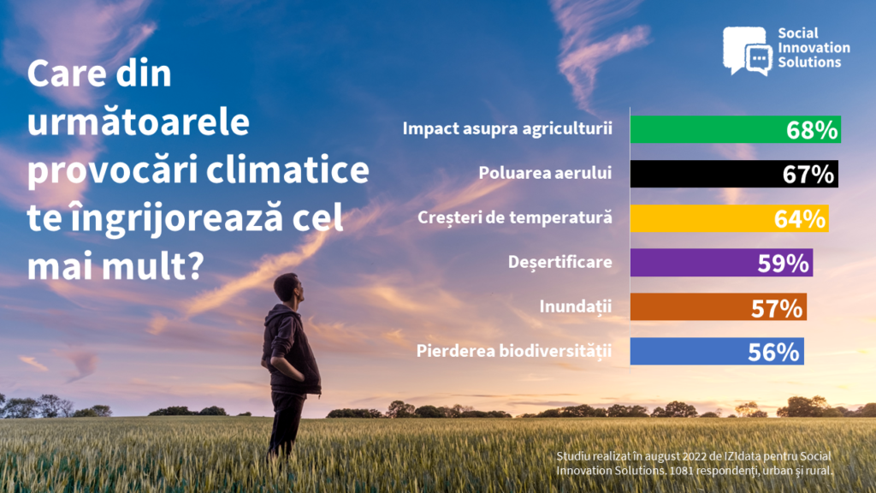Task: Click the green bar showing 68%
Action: click(735, 129)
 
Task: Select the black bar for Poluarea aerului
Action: click(734, 174)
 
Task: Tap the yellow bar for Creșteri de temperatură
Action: click(729, 218)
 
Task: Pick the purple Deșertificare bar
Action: click(721, 263)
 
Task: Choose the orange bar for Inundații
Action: click(719, 307)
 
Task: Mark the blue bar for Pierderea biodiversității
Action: click(717, 352)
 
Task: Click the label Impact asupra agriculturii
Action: click(507, 128)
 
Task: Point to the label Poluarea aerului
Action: click(545, 173)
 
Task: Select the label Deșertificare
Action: click(559, 262)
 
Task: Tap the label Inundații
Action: click(576, 307)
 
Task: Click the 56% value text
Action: click(773, 352)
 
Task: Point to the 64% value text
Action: click(800, 219)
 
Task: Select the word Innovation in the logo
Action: click(814, 48)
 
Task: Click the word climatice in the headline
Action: click(287, 170)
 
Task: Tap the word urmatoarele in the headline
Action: click(138, 122)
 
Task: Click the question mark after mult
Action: click(193, 266)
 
